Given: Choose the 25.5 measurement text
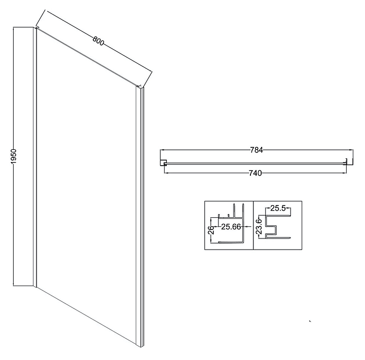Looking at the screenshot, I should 279,208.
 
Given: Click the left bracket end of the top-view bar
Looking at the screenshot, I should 164,163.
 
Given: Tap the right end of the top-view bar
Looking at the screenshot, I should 347,163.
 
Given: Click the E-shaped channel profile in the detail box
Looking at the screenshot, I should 276,228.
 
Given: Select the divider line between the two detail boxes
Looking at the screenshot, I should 253,225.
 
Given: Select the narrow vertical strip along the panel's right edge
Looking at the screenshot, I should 139,218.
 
